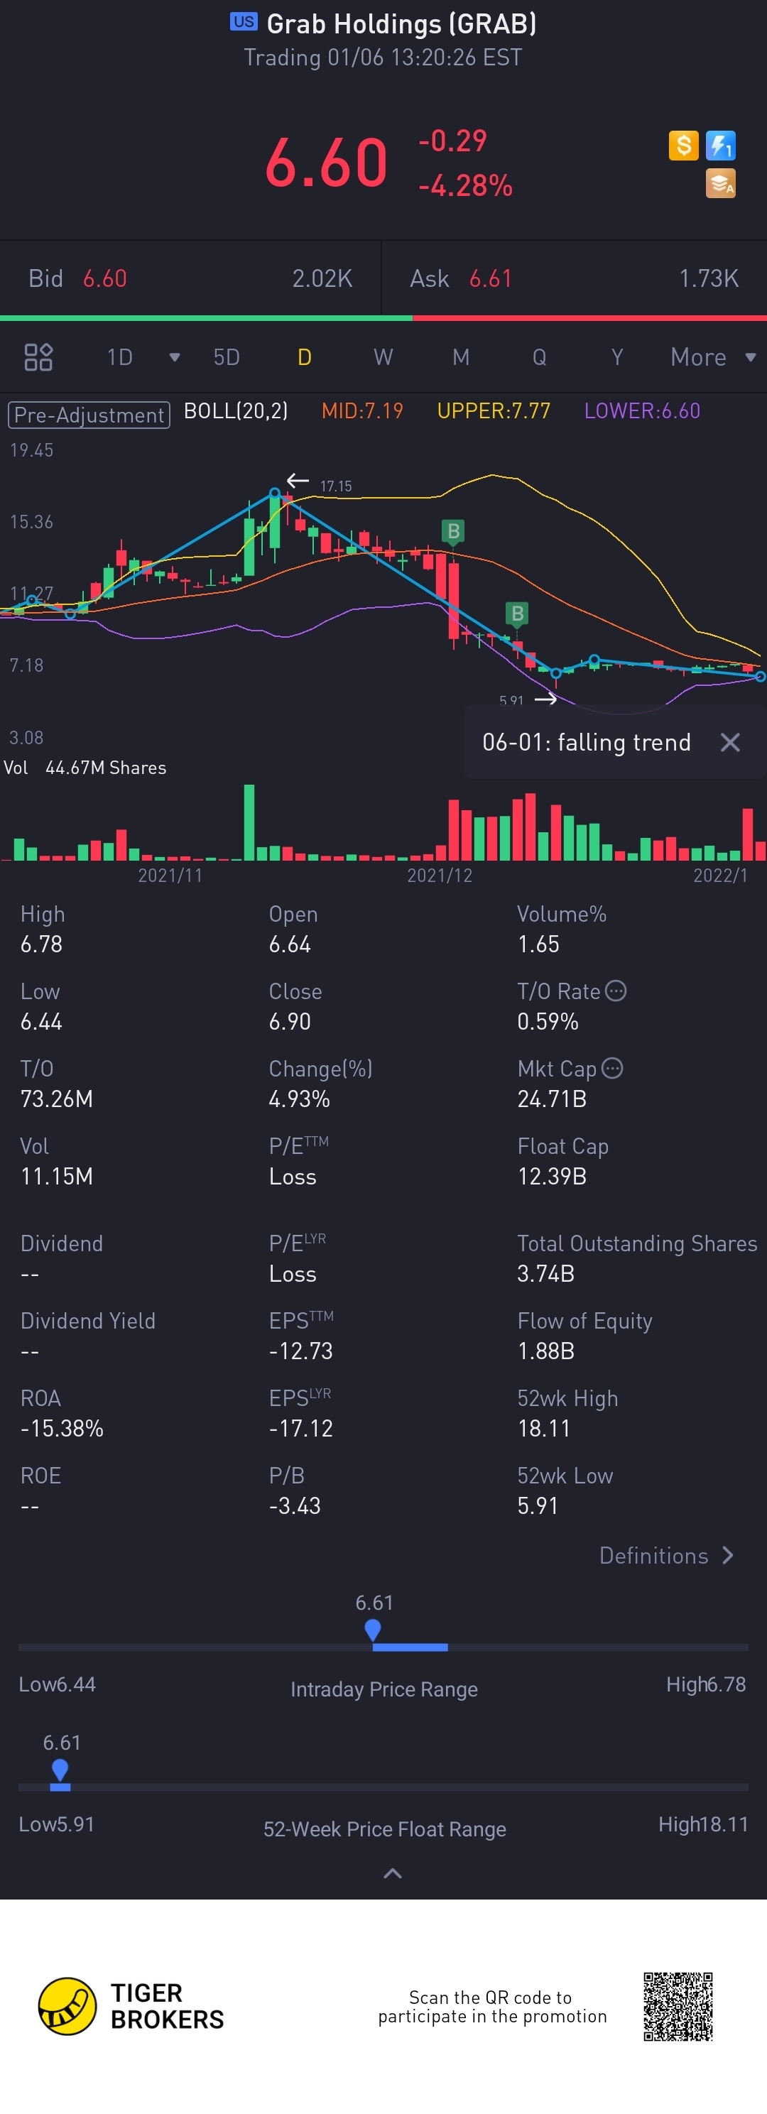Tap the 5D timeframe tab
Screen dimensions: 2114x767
(227, 357)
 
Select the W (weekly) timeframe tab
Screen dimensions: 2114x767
(383, 357)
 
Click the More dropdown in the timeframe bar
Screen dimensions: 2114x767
(711, 357)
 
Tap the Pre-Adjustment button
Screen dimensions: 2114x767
(89, 415)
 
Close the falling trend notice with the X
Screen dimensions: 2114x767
(729, 742)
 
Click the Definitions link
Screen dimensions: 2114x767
(665, 1555)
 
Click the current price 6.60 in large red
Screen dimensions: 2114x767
(326, 163)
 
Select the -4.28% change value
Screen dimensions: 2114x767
(465, 185)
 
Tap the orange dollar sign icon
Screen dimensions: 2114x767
(683, 146)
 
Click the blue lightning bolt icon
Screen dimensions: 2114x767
(720, 146)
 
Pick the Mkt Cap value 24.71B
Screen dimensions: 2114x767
(551, 1099)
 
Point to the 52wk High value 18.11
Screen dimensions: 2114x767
(543, 1428)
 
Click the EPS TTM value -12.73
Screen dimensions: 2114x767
(300, 1351)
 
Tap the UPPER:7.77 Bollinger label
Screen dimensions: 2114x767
(493, 410)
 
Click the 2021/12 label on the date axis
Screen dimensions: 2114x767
(440, 875)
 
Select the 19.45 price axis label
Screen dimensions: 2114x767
(31, 450)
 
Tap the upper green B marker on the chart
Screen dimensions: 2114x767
(453, 531)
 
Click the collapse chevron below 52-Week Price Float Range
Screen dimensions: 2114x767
(393, 1873)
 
